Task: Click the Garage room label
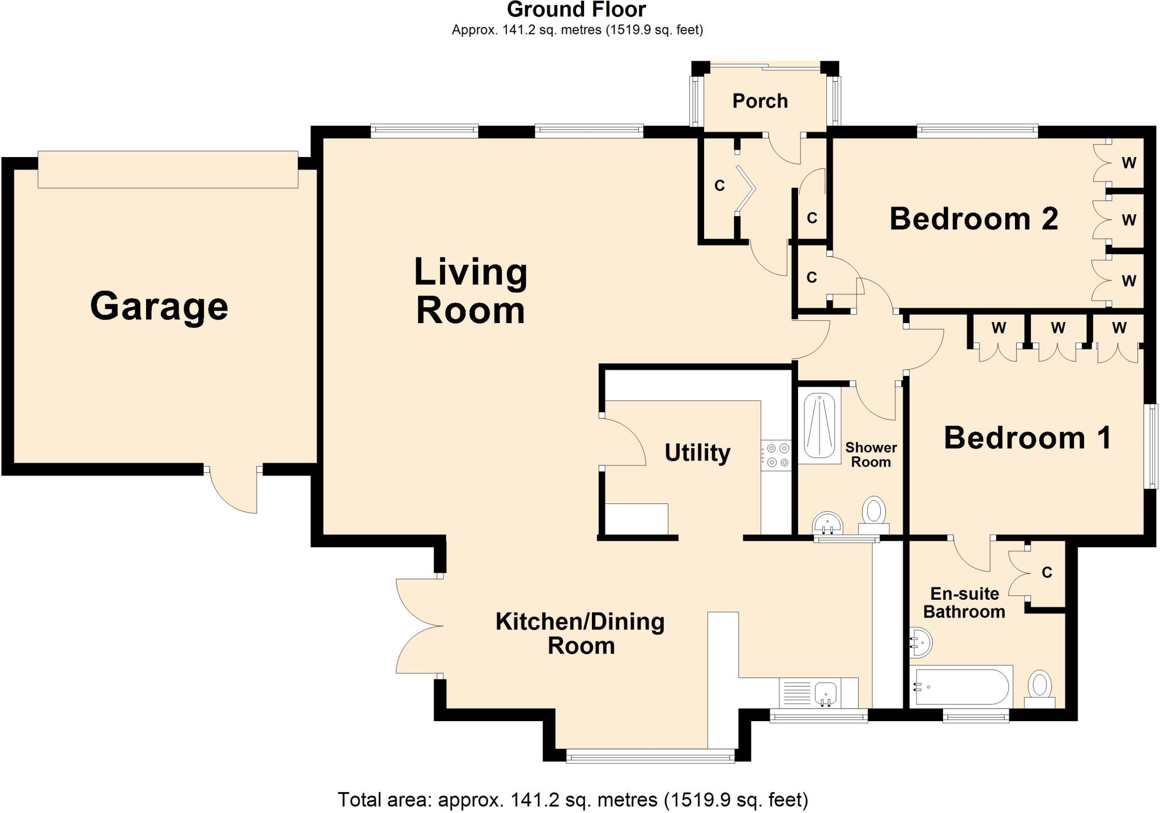coord(159,307)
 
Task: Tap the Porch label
coord(760,101)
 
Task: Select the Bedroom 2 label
coord(973,219)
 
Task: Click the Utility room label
coord(697,452)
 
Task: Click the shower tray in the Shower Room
coord(820,426)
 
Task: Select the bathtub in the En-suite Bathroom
coord(961,687)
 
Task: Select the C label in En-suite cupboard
coord(1047,573)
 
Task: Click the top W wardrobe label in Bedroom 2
coord(1128,163)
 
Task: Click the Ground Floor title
coord(576,10)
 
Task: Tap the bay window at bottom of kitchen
coord(650,755)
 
